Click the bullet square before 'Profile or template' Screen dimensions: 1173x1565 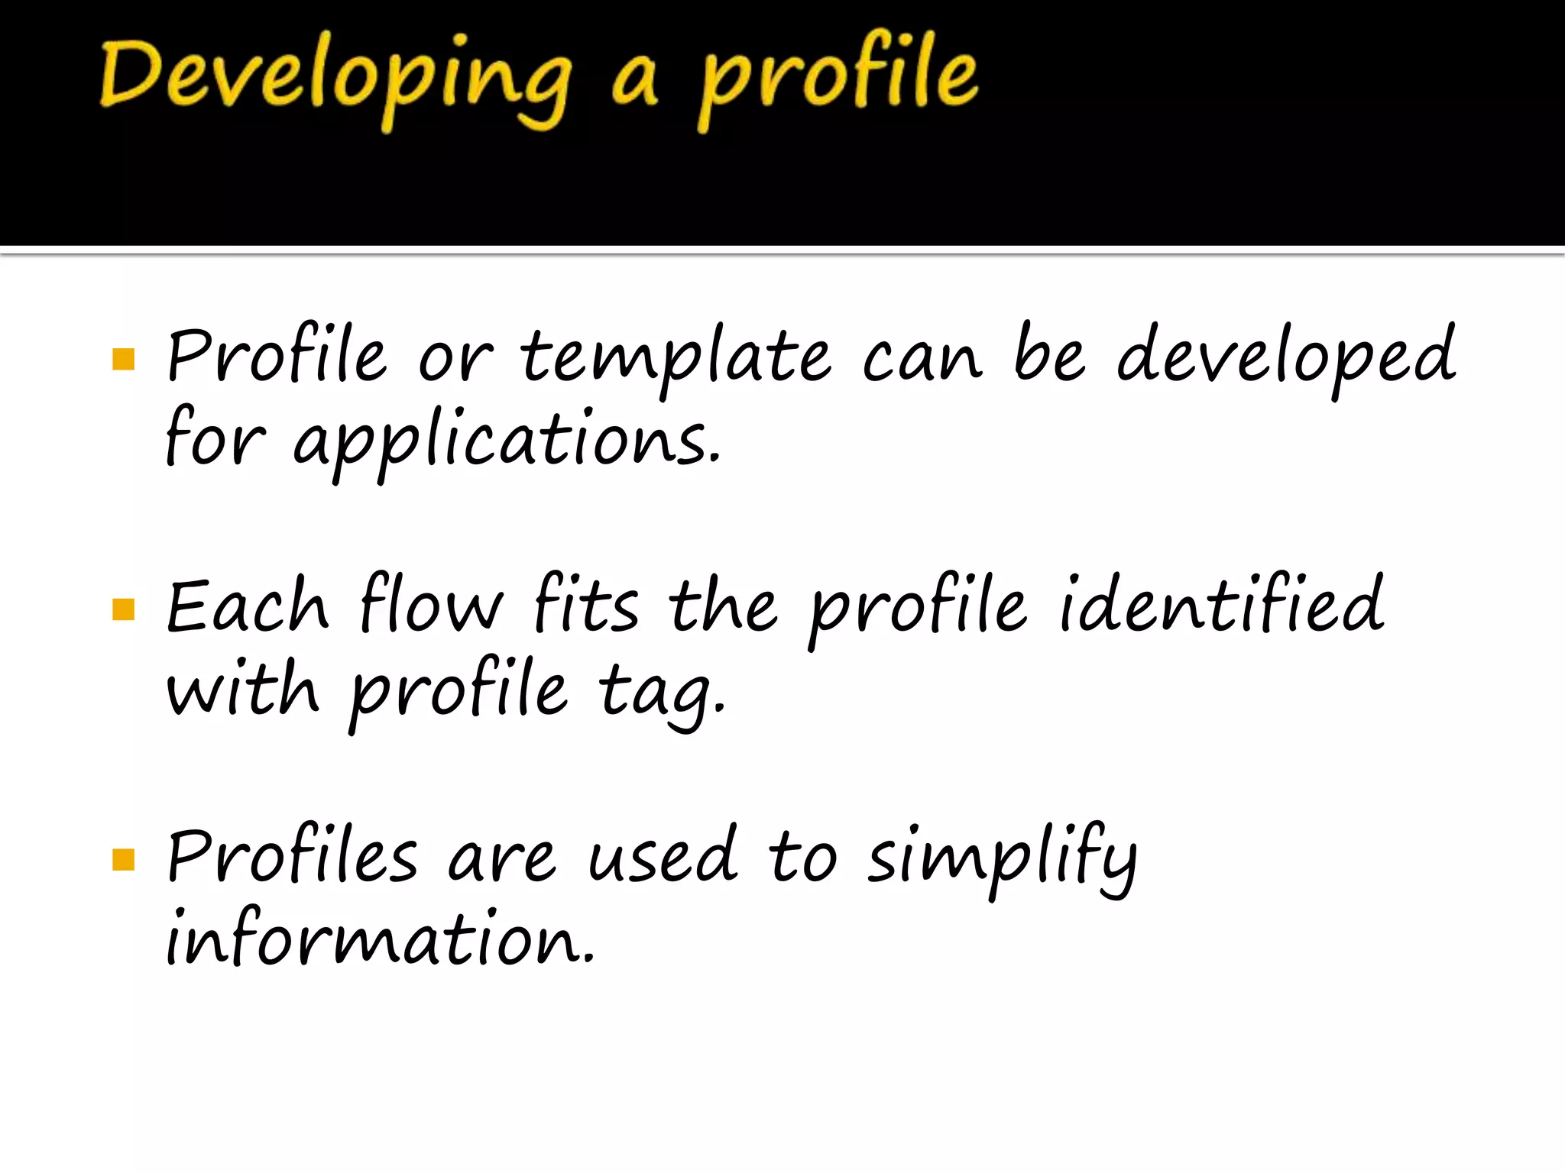tap(123, 359)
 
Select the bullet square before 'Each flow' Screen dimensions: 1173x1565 tap(123, 609)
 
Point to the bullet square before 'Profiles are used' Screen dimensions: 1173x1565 tap(123, 859)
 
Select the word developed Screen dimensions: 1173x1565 tap(1286, 356)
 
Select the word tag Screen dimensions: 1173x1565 tap(660, 692)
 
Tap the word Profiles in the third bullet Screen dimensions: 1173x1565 tap(293, 855)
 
